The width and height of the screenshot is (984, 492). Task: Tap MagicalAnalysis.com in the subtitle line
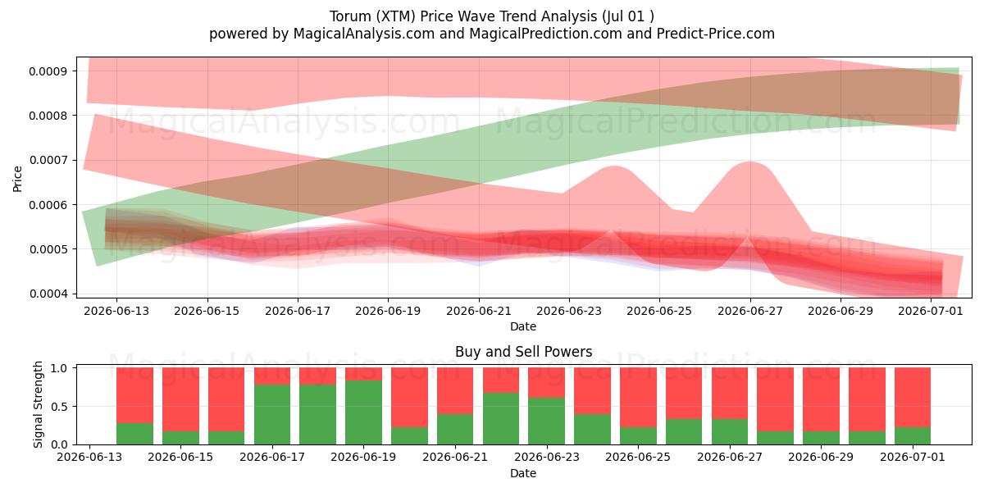364,34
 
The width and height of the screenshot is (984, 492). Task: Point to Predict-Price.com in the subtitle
716,34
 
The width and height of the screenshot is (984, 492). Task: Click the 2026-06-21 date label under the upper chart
479,311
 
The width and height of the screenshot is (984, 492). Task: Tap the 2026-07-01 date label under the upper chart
931,311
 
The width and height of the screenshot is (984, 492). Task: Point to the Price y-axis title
17,180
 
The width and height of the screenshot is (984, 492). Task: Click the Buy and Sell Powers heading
524,352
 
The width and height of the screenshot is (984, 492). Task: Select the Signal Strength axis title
39,404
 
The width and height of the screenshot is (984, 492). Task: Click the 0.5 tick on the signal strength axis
59,407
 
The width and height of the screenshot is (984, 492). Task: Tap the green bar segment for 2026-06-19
363,412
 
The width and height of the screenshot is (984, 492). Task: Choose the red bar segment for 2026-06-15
180,399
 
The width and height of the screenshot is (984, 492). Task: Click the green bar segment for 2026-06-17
272,415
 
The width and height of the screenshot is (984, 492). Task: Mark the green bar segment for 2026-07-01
913,435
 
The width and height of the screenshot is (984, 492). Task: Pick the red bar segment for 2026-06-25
638,398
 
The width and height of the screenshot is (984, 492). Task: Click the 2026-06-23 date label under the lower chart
546,457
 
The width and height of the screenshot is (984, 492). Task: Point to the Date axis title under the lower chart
523,473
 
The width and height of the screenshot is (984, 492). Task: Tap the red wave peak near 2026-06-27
749,162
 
